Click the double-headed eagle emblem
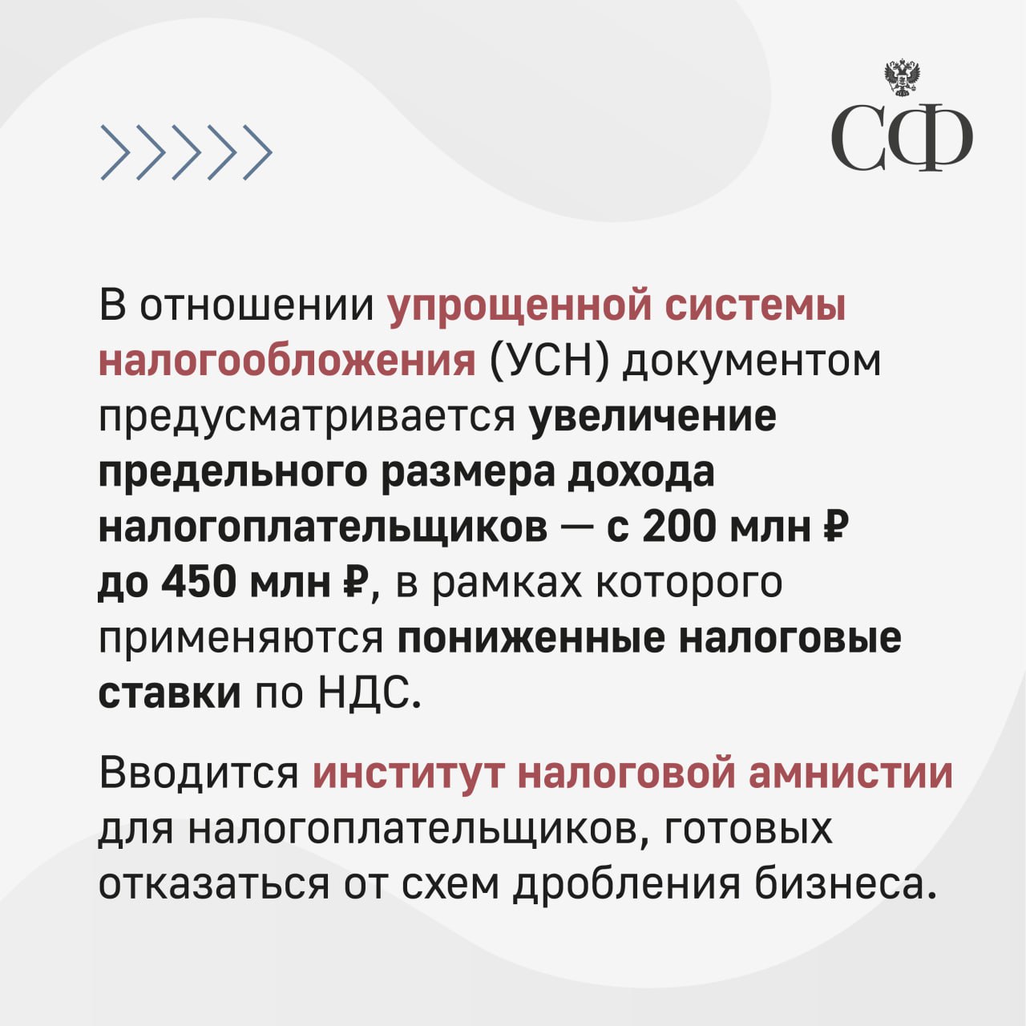coord(903,79)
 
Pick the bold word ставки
coord(170,695)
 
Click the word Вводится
coord(200,774)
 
